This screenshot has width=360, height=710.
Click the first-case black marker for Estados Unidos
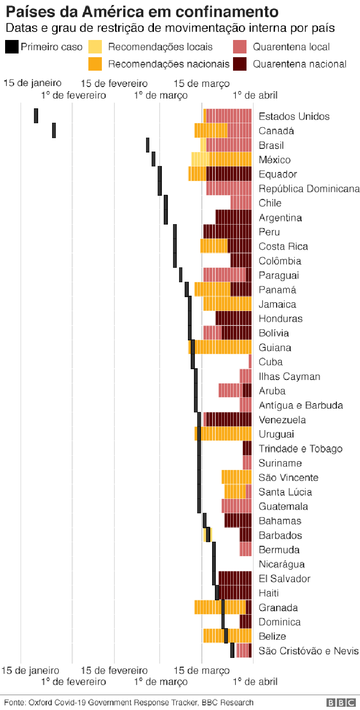coord(36,116)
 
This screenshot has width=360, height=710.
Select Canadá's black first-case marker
coord(54,130)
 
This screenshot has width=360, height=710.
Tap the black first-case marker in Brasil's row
coord(147,145)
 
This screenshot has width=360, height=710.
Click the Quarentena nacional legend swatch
coord(240,64)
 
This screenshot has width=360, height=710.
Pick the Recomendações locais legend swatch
coord(95,47)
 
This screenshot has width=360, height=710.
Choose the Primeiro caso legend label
coord(51,47)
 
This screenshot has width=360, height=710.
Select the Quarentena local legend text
coord(291,47)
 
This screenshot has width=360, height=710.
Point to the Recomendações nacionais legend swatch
coord(95,64)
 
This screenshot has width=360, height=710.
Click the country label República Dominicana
coord(309,188)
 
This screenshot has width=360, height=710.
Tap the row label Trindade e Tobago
coord(300,449)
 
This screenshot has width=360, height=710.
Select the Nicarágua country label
coord(281,564)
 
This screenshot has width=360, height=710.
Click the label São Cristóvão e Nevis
coord(309,651)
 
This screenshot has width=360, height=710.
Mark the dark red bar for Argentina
coord(233,217)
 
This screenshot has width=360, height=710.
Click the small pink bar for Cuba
coord(250,362)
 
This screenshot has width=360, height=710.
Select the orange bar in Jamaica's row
coord(227,304)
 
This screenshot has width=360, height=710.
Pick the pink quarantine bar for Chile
coord(241,203)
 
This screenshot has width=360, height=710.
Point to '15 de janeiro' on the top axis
coord(33,83)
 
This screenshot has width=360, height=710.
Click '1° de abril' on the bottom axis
coord(254,682)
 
